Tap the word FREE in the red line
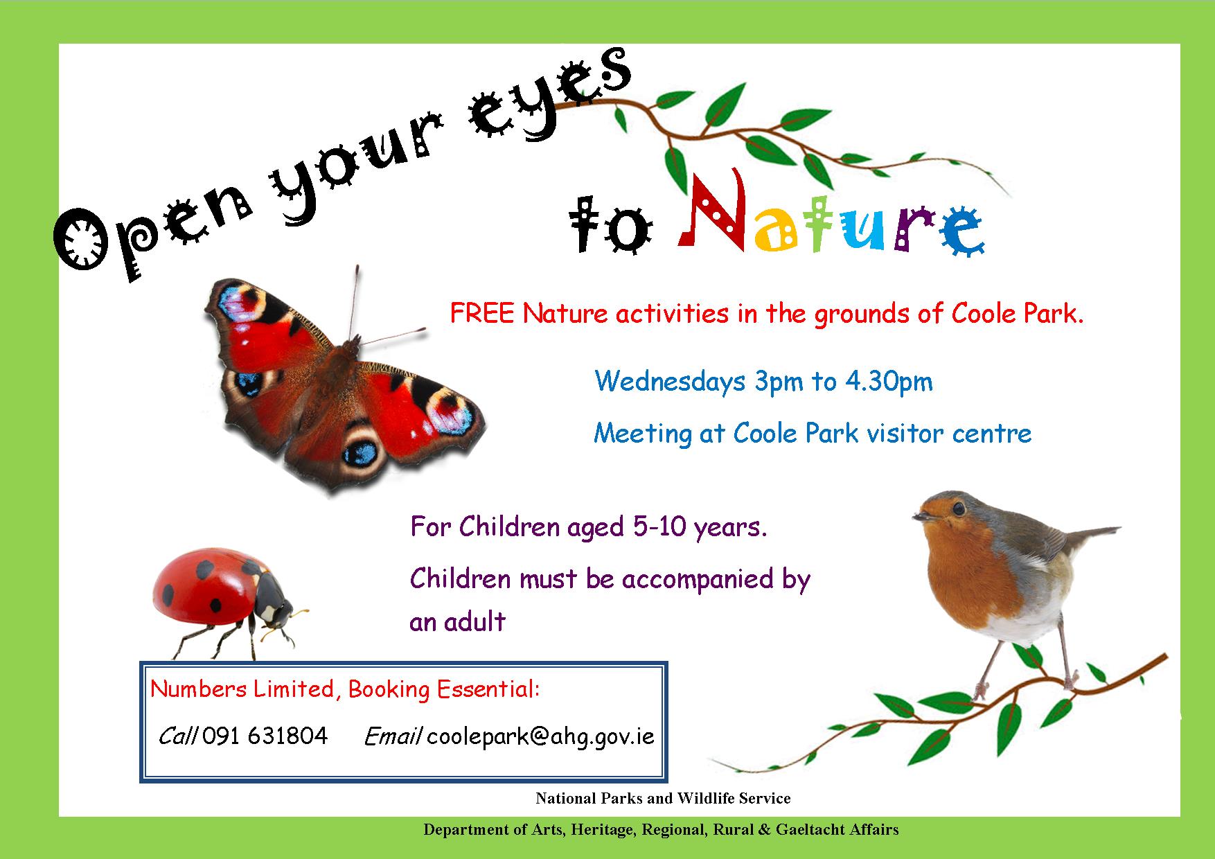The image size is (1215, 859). (x=482, y=314)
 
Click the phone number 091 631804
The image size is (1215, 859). (x=265, y=736)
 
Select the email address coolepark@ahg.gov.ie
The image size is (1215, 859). (x=540, y=736)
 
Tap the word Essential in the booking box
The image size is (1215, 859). (x=486, y=689)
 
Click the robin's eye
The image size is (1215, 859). (x=958, y=509)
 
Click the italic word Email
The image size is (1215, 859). (x=393, y=736)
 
